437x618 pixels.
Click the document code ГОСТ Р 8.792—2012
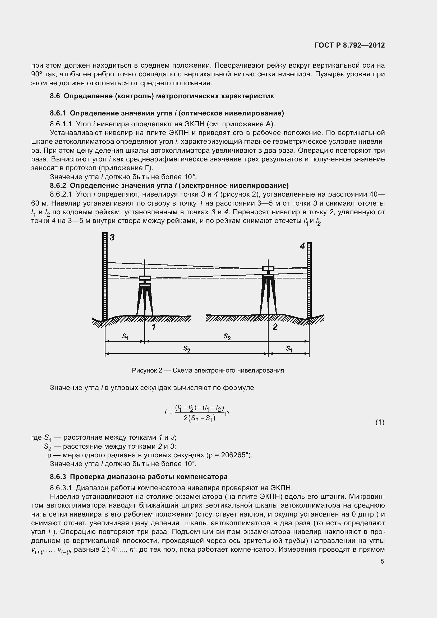[349, 45]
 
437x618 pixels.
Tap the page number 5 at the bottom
[382, 561]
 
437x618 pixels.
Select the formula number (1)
[380, 423]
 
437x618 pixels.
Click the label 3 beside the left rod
[112, 238]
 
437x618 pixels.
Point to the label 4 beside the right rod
[302, 246]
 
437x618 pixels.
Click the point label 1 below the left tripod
[154, 327]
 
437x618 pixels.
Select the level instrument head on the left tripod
[145, 278]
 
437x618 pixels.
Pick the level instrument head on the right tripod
[268, 269]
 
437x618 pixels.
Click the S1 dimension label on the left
[125, 336]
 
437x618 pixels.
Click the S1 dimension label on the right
[289, 349]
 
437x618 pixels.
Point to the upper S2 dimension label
[227, 336]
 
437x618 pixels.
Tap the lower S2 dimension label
[187, 349]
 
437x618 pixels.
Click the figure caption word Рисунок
[144, 371]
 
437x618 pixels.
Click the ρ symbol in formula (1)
[227, 413]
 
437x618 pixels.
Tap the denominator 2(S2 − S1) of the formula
[200, 419]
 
